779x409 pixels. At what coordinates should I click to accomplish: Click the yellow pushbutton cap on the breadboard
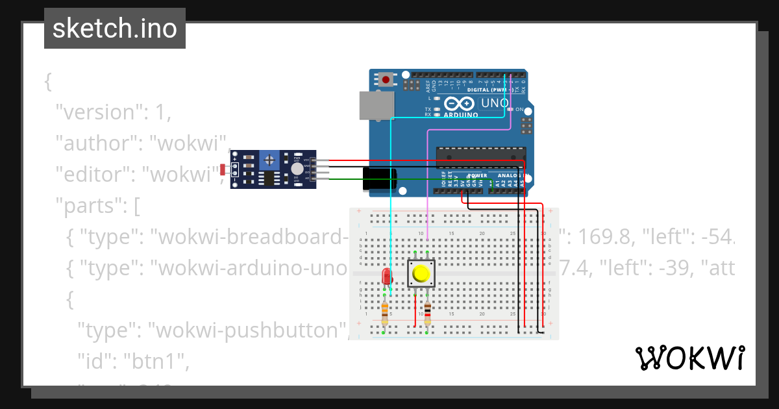coord(421,274)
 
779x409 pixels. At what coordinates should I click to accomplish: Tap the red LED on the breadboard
coord(387,277)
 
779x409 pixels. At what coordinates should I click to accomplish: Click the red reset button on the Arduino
coord(386,80)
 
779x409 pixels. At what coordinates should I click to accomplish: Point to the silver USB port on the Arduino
coord(376,105)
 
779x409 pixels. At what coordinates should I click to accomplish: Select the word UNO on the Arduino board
coord(494,103)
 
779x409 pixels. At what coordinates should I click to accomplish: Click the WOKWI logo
coord(689,358)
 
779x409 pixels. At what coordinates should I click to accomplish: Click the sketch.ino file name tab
coord(115,29)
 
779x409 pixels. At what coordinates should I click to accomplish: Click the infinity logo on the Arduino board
coord(460,103)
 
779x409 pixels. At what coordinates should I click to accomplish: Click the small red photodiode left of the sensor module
coord(223,170)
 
